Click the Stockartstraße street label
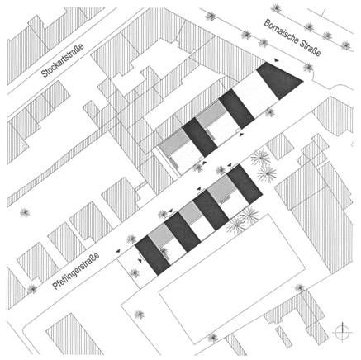click(62, 60)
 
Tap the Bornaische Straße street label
click(292, 38)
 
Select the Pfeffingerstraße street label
click(76, 272)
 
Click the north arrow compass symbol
click(343, 332)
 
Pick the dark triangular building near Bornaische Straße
click(278, 80)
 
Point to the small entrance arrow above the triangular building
click(277, 60)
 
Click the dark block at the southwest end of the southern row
click(152, 255)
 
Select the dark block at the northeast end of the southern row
click(244, 184)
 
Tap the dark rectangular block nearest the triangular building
click(236, 109)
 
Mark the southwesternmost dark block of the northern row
click(199, 137)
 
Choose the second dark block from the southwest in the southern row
click(183, 232)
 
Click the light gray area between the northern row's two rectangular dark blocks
click(211, 113)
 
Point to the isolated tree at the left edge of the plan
click(25, 212)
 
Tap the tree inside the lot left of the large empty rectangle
click(140, 314)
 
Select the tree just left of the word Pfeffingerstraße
click(33, 289)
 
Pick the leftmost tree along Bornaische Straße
click(211, 16)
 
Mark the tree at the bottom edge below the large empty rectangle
click(212, 338)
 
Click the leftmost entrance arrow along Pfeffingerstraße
click(118, 251)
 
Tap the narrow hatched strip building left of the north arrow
click(283, 336)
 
